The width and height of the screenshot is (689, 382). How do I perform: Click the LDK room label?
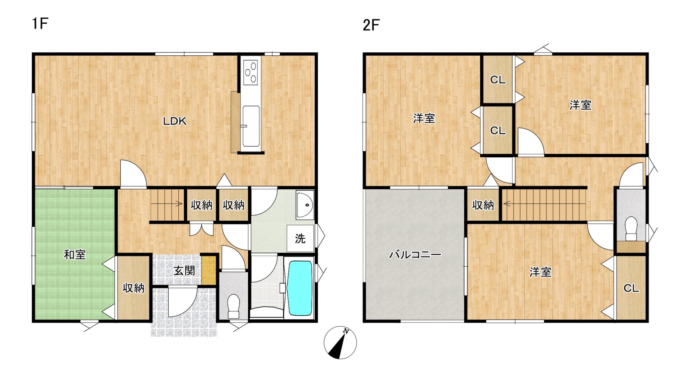click(175, 121)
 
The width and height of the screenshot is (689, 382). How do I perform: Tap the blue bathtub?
click(300, 288)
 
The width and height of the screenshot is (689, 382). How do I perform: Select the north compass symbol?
click(340, 343)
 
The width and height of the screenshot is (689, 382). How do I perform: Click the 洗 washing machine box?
click(300, 238)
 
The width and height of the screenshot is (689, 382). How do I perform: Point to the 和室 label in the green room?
click(75, 255)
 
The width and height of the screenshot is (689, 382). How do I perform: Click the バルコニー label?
click(415, 255)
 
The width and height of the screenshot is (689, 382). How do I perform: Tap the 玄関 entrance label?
click(184, 271)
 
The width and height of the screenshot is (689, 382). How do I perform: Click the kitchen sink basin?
click(251, 126)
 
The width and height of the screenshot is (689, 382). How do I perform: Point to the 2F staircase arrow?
click(508, 204)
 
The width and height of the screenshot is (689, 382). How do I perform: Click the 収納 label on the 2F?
click(483, 205)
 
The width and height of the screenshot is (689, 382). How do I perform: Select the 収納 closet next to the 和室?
click(133, 288)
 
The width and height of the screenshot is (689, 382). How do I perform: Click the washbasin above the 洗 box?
click(305, 205)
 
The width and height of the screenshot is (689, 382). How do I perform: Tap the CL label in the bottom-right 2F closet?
click(631, 288)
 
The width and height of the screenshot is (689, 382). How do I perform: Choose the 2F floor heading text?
click(371, 25)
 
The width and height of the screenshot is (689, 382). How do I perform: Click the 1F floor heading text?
click(40, 23)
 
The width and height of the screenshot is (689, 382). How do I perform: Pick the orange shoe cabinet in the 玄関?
click(208, 270)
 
